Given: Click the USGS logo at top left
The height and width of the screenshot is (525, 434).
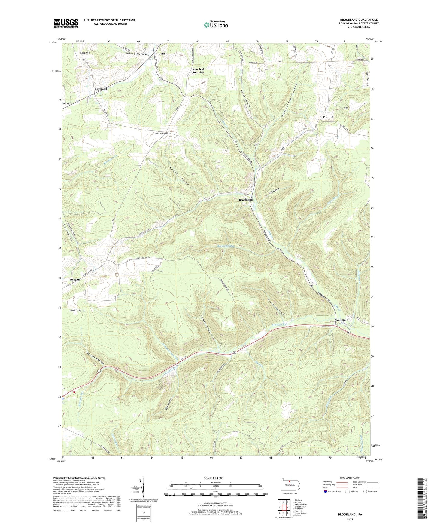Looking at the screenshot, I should pyautogui.click(x=66, y=23).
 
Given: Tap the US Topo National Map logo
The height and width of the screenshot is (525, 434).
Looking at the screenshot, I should pyautogui.click(x=215, y=24).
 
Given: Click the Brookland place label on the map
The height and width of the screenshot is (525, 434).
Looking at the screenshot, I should pyautogui.click(x=246, y=200).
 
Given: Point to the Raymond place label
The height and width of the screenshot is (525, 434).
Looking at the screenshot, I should pyautogui.click(x=101, y=89).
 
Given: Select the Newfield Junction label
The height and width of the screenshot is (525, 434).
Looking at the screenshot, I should pyautogui.click(x=198, y=71).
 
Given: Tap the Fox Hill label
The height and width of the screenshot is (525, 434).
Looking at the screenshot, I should pyautogui.click(x=328, y=117).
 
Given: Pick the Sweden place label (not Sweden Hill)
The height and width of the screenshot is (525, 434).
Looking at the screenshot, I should pyautogui.click(x=74, y=280).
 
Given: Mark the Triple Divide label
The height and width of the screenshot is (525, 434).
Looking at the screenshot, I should pyautogui.click(x=162, y=133).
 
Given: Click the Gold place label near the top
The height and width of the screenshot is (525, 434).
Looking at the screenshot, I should pyautogui.click(x=162, y=54).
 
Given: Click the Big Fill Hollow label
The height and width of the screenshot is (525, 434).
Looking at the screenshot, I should pyautogui.click(x=95, y=358).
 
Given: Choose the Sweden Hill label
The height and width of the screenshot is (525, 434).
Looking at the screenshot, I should pyautogui.click(x=75, y=310).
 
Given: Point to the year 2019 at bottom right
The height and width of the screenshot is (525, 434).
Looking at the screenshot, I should pyautogui.click(x=350, y=519).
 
